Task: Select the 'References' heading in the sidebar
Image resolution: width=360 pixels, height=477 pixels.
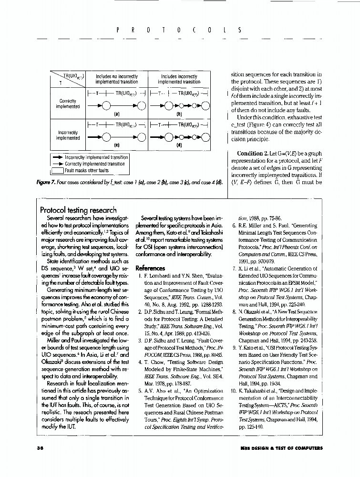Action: point(150,268)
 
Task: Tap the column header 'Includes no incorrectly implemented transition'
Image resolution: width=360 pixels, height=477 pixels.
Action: point(117,79)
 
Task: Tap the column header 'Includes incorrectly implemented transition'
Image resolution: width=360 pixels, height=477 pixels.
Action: point(179,79)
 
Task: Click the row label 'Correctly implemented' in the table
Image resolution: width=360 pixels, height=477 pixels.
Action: point(68,104)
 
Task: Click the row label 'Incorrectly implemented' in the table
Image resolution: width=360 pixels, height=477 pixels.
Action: point(68,135)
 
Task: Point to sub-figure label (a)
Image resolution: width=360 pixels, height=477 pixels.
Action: point(117,114)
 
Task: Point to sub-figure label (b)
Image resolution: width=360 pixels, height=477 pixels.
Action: point(179,114)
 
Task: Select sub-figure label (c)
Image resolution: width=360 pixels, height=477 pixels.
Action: point(117,145)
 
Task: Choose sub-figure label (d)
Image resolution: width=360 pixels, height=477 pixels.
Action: point(179,145)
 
